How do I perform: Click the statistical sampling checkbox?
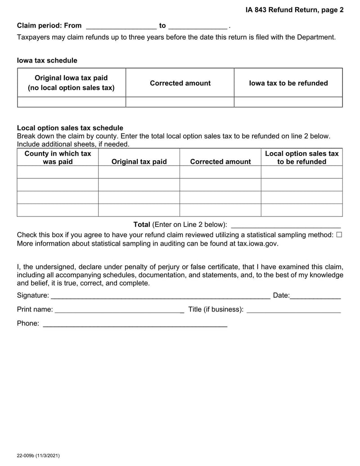click(x=339, y=235)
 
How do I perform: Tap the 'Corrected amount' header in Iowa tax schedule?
click(x=180, y=83)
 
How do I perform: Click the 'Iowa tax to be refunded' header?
click(x=288, y=83)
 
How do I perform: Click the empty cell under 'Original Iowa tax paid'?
click(x=72, y=102)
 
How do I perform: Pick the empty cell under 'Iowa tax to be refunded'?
click(x=288, y=102)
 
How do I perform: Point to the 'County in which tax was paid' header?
click(x=58, y=158)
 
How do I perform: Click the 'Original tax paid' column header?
click(x=139, y=162)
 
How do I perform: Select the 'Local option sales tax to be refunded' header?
click(x=301, y=158)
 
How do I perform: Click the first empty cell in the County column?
click(x=58, y=172)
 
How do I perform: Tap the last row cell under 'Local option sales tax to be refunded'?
click(x=301, y=210)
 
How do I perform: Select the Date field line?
click(x=315, y=296)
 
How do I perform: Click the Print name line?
click(x=119, y=310)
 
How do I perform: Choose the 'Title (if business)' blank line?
click(x=294, y=310)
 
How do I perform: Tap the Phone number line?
click(x=135, y=324)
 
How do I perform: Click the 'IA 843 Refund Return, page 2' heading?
click(x=294, y=9)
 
